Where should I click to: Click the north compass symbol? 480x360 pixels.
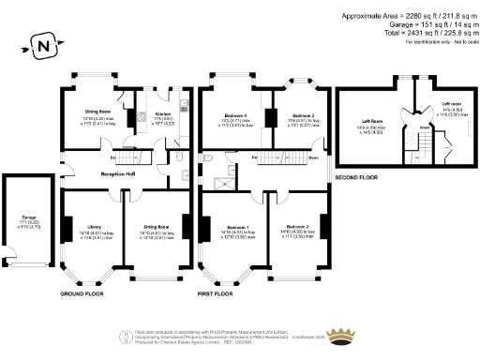coord(40,44)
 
